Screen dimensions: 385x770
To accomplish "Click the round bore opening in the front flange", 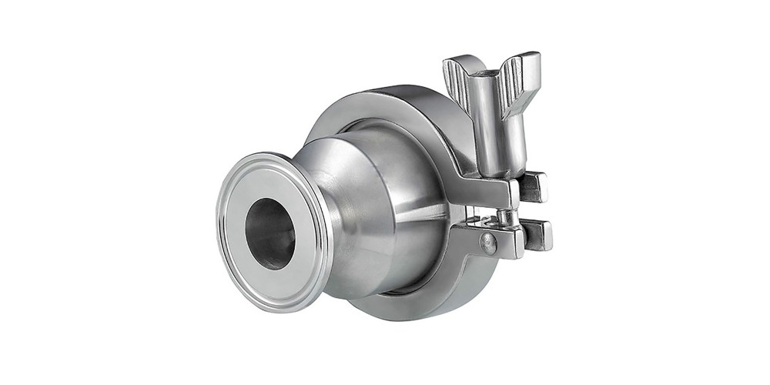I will (x=269, y=233).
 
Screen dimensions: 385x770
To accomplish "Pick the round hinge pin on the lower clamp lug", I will (x=488, y=244).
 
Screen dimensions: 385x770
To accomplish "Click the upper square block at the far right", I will (x=534, y=187).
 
